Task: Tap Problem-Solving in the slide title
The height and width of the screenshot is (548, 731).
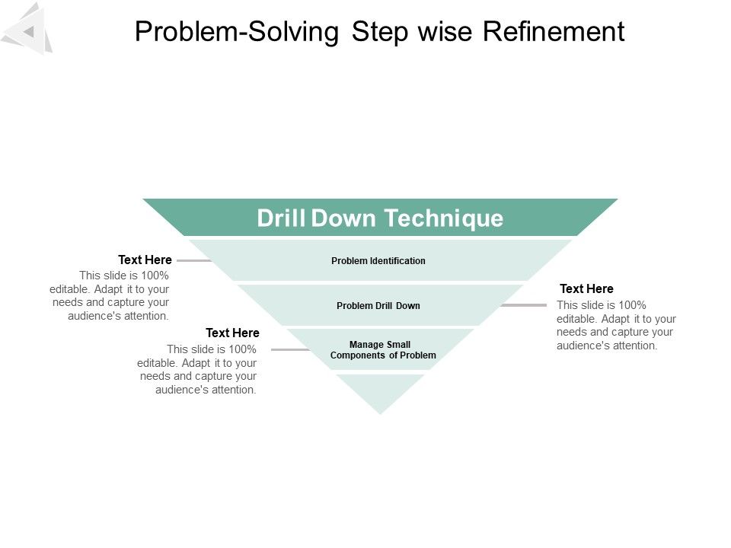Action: coord(236,32)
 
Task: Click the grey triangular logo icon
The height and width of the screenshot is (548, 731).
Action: coord(28,29)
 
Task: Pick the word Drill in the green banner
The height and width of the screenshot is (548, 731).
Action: coord(281,218)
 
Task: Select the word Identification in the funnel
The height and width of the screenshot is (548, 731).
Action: coord(397,261)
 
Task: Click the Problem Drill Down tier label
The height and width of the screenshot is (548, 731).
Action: coord(378,306)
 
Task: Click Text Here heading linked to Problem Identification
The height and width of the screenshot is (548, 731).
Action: coord(145,260)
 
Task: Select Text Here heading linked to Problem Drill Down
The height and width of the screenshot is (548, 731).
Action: coord(586,289)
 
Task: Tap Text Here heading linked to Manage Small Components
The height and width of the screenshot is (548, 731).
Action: coord(232,333)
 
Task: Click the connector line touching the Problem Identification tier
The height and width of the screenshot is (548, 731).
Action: coord(194,261)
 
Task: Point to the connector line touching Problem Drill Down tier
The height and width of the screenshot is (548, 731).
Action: coord(524,305)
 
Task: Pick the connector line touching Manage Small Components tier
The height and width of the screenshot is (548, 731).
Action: coord(290,350)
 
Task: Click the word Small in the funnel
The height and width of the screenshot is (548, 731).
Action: coord(399,345)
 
